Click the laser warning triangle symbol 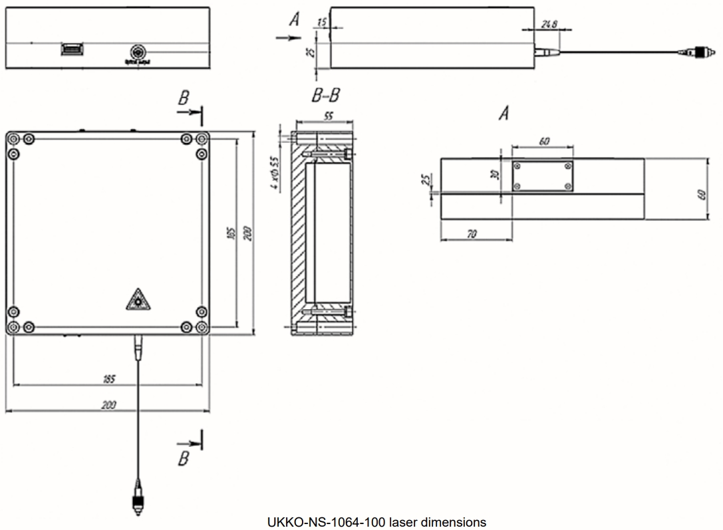point(137,301)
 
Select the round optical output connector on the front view point(136,52)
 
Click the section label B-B point(325,95)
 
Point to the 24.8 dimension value point(549,25)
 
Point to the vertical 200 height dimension point(248,232)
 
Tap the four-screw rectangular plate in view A point(542,176)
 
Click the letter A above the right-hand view point(504,114)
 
